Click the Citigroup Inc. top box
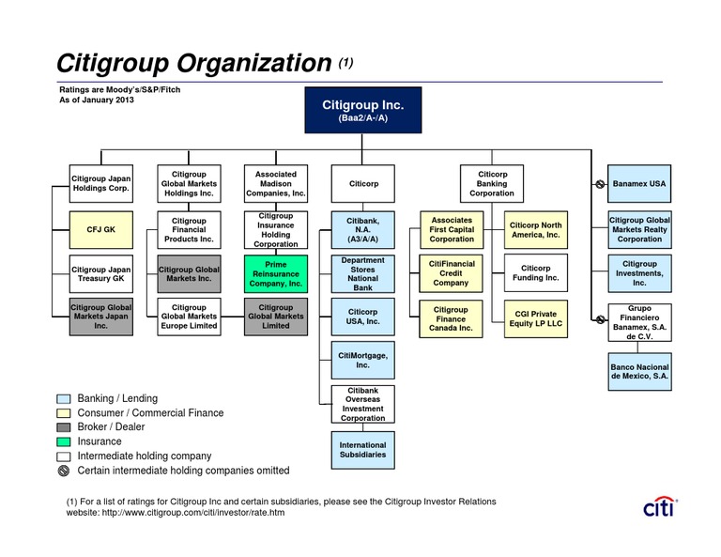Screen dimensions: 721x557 [x=362, y=110]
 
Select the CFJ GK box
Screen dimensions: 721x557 [x=101, y=229]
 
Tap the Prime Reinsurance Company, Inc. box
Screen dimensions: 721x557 [x=276, y=273]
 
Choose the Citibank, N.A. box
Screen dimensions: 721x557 [x=362, y=229]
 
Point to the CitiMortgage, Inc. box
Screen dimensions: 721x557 [x=362, y=360]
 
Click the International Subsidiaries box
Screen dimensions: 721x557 [x=362, y=450]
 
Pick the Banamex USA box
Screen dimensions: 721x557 [x=639, y=183]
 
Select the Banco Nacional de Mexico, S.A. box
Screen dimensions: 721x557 [x=639, y=372]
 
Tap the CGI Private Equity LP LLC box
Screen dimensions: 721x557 [x=536, y=318]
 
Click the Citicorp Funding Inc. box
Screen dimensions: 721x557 [x=536, y=272]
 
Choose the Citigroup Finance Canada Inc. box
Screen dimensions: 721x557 [x=451, y=318]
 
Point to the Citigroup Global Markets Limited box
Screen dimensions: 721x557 [x=276, y=317]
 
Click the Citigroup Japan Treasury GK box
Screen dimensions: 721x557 [x=101, y=273]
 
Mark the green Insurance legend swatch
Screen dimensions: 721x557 [x=64, y=441]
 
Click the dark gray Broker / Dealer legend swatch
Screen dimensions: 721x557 [x=64, y=427]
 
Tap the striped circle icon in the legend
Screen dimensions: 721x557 [x=64, y=471]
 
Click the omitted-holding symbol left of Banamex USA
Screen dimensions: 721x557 [x=600, y=184]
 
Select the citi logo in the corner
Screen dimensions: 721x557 [x=660, y=506]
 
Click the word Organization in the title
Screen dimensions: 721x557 [x=254, y=63]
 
